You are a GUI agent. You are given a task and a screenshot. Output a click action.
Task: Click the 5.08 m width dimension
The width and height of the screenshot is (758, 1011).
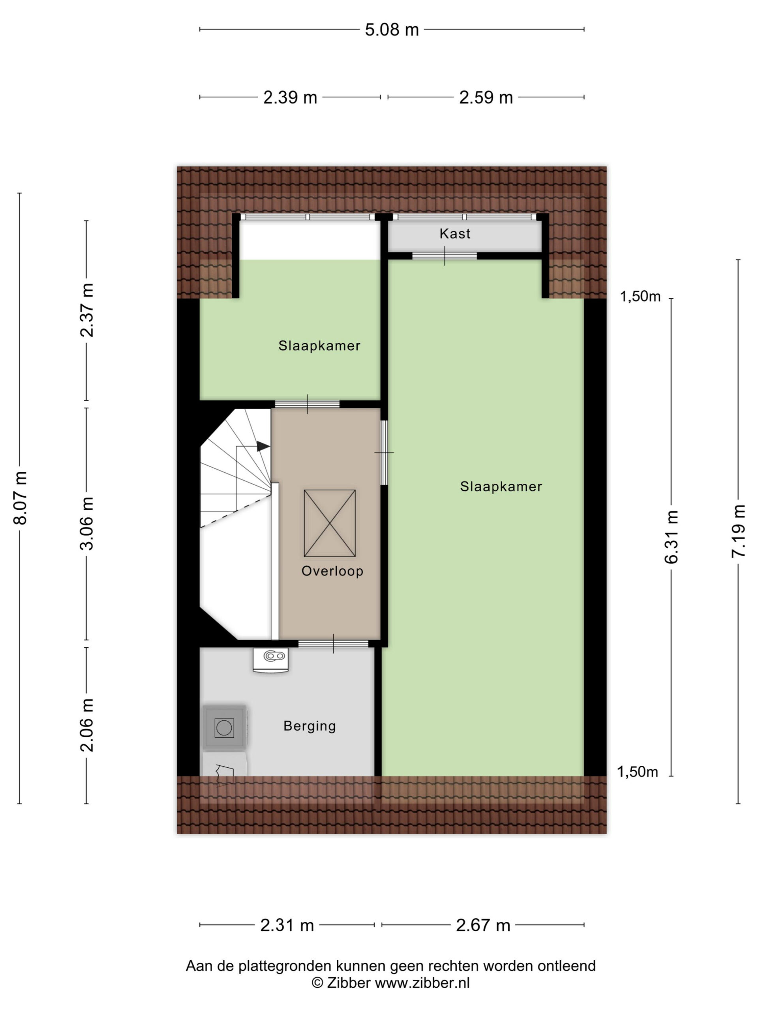pos(392,30)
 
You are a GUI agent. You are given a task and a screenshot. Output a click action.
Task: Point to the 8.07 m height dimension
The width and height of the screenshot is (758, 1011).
pos(21,497)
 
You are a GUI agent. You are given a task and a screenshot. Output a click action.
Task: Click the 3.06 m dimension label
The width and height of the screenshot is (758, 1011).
pos(87,523)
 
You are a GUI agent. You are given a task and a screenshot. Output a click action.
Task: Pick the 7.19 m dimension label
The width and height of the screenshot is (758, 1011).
pos(738,531)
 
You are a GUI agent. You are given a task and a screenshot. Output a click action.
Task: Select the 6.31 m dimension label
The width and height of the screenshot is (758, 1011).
pos(671,537)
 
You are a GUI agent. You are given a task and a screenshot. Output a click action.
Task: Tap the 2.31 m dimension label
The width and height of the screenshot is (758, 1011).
pos(287,925)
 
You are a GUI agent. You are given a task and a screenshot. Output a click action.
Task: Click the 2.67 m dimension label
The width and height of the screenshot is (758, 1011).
pos(483,925)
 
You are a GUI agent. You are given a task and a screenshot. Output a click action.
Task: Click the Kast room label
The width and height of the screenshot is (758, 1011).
pos(455,233)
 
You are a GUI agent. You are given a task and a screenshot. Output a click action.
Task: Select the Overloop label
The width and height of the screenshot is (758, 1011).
pos(332,571)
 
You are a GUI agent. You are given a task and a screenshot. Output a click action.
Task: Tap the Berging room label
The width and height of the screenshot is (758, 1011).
pos(310,726)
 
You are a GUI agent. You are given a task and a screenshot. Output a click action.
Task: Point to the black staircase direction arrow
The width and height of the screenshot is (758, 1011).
pos(263,446)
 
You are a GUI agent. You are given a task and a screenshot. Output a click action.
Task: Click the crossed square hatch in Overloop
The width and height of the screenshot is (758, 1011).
pos(329,523)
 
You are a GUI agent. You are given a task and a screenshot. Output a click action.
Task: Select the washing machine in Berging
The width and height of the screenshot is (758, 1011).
pos(224,727)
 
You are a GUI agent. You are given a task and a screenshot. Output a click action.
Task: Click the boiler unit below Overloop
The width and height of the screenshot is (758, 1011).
pos(270,660)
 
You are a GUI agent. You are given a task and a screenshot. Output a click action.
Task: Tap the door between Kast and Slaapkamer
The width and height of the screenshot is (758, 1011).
pos(445,256)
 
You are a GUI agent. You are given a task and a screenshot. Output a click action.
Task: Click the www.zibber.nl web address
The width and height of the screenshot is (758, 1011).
pos(422,983)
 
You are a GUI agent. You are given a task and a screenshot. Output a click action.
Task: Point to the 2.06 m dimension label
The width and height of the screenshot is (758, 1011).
pos(87,725)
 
